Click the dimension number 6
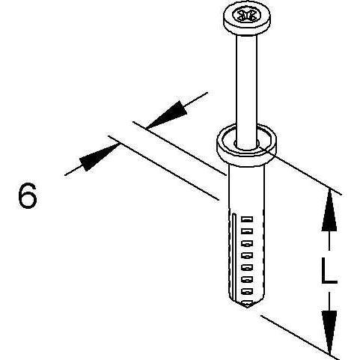tap(28, 195)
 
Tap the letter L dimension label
tap(329, 271)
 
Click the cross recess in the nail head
tap(246, 16)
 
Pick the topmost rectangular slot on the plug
tap(247, 219)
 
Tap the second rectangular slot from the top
tap(247, 231)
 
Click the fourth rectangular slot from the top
tap(247, 255)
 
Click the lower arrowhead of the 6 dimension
tap(100, 158)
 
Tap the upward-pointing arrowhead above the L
tap(329, 209)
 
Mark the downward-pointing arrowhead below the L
tap(329, 332)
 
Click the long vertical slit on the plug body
tap(233, 257)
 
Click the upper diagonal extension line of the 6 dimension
tap(180, 148)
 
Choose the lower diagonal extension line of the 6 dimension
tap(163, 168)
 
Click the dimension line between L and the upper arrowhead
tap(329, 241)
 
